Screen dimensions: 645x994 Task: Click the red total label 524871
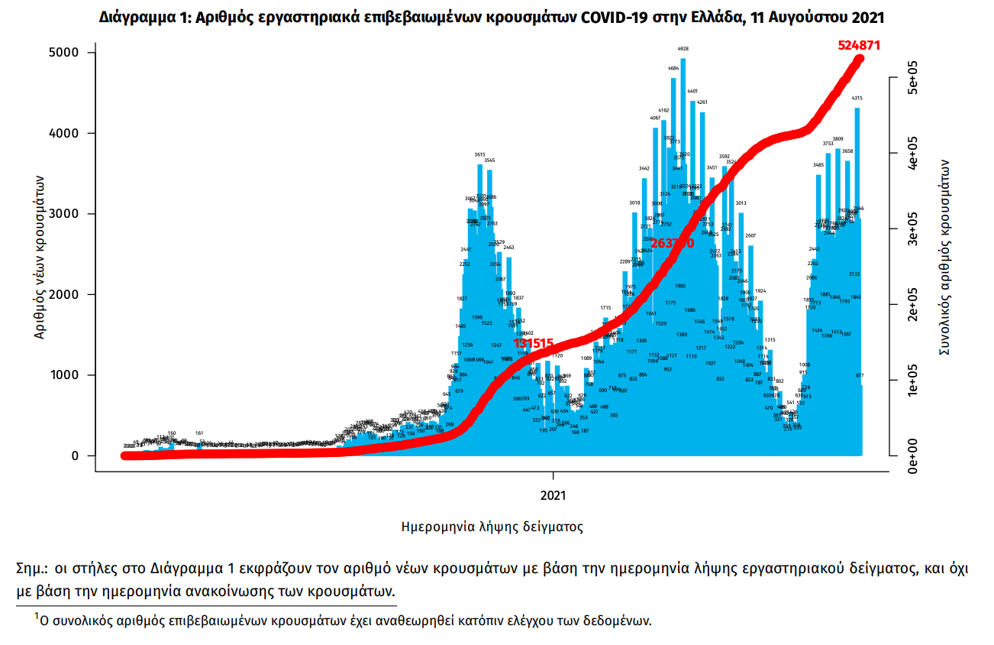[x=859, y=45]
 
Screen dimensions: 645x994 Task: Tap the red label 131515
[x=533, y=344]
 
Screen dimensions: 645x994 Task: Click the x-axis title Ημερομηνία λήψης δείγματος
[x=492, y=527]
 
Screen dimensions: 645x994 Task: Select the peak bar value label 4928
[x=683, y=49]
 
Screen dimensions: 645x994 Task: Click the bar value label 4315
[x=857, y=99]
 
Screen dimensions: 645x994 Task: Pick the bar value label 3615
[x=479, y=154]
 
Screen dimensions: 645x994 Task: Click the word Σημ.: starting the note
[x=32, y=569]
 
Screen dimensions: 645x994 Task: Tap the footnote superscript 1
[x=36, y=614]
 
